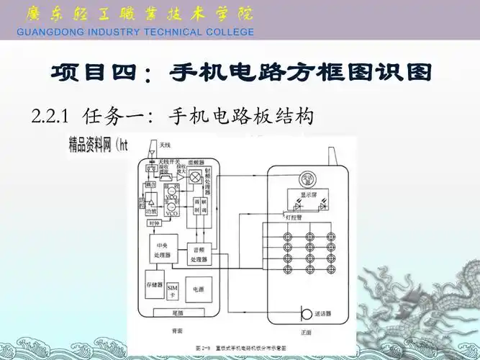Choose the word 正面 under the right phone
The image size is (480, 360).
[307, 332]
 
